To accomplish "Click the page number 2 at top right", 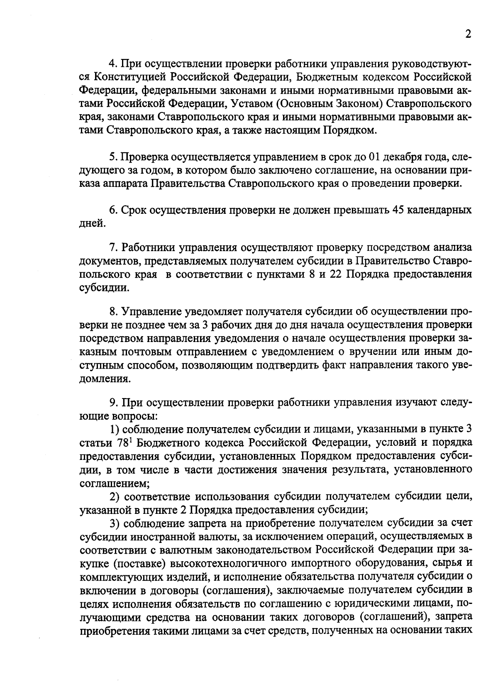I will point(468,34).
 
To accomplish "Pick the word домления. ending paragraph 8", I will point(104,379).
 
